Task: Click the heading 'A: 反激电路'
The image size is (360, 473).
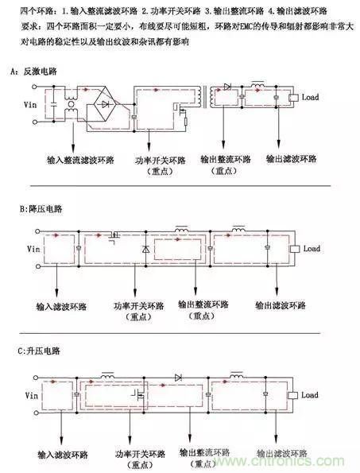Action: click(31, 72)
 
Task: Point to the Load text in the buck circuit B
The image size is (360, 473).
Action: click(311, 249)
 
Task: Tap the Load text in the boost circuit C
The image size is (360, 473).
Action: click(311, 395)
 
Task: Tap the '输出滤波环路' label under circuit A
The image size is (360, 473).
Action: click(288, 160)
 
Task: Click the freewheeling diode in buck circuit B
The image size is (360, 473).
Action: click(145, 250)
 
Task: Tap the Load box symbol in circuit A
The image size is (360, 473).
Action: click(295, 98)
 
